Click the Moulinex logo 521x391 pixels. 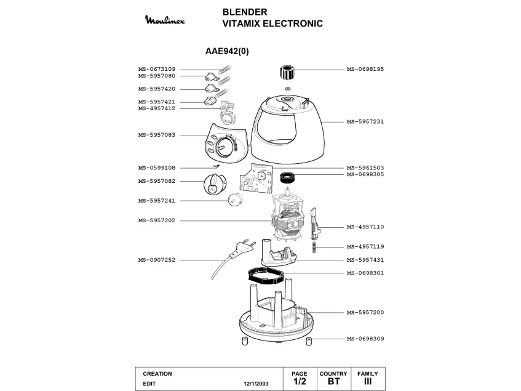[165, 20]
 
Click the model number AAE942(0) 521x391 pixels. [227, 51]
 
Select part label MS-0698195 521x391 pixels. [365, 69]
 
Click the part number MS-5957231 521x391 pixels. [365, 122]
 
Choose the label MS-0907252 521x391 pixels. [156, 260]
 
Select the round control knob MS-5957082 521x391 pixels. [215, 184]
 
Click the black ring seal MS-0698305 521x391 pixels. [288, 177]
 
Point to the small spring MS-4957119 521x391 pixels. [314, 247]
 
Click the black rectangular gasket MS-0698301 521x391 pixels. [266, 276]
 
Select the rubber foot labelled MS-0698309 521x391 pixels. [309, 341]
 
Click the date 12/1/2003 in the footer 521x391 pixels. [256, 384]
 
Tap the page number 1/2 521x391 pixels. [300, 381]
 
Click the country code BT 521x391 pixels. [333, 381]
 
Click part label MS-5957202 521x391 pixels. [156, 220]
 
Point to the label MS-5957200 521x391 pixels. [365, 313]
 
